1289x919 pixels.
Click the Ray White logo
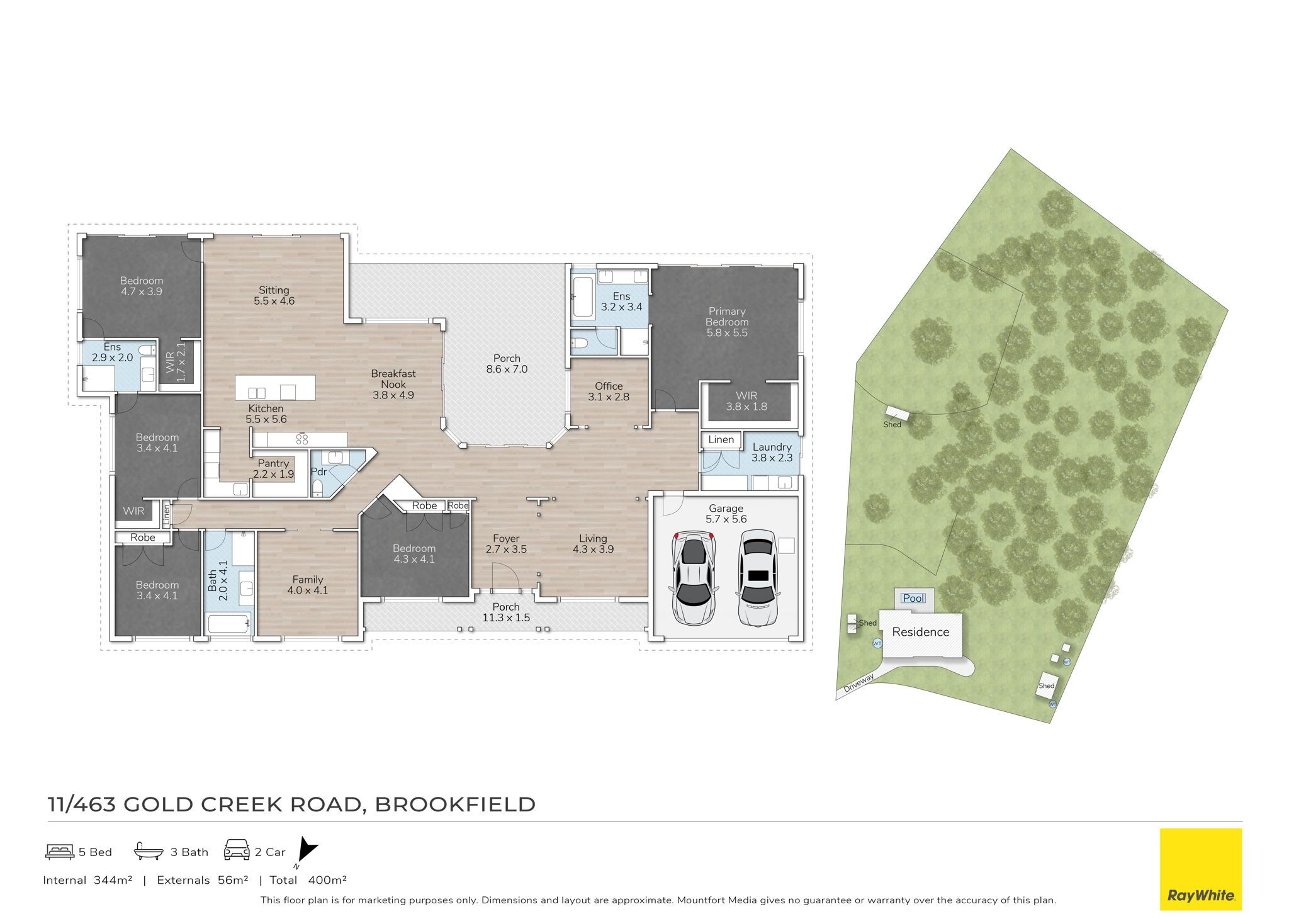point(1201,869)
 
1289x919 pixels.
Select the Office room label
point(609,386)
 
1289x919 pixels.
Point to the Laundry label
point(772,447)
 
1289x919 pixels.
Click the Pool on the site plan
point(914,598)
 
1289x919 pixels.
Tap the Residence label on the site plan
point(920,632)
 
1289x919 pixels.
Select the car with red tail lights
point(694,577)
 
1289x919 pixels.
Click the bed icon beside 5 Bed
point(60,852)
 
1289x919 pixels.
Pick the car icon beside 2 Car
point(237,850)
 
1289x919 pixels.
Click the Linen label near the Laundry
point(721,439)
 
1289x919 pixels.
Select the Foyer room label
point(506,538)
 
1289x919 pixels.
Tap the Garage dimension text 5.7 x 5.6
point(726,519)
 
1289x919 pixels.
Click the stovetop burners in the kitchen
point(302,439)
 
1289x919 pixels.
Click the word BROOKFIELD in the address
point(455,804)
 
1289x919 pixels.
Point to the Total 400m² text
point(308,880)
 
